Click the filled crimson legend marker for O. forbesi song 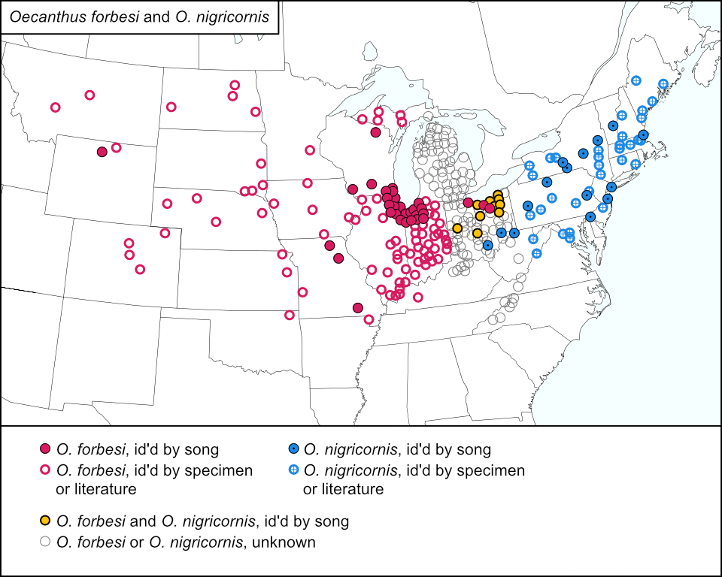[45, 449]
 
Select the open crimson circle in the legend [45, 470]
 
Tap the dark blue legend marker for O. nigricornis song [293, 449]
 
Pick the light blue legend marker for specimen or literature [293, 470]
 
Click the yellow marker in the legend [45, 520]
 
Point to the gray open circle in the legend [45, 541]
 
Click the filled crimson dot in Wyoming [102, 152]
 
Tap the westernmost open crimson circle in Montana [55, 107]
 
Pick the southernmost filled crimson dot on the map [358, 307]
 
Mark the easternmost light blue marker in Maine [663, 83]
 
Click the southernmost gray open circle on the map [493, 319]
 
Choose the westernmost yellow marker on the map [457, 228]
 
